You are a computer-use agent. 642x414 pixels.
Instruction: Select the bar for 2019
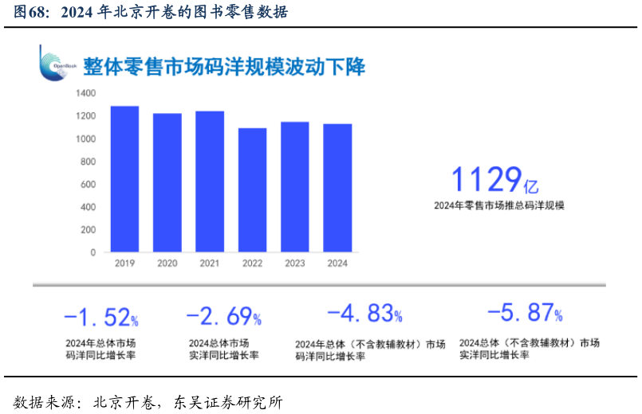pos(124,179)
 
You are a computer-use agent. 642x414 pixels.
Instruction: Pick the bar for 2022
pos(252,190)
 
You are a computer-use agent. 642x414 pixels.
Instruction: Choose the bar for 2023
pos(295,187)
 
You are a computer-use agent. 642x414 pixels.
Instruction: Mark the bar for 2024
pos(337,188)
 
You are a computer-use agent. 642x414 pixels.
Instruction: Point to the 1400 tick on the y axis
pos(85,94)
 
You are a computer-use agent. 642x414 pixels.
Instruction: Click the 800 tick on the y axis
pos(88,162)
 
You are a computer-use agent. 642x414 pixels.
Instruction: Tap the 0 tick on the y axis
pos(93,252)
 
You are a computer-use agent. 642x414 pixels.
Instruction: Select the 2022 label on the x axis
pos(252,264)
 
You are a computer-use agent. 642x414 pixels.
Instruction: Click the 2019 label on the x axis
pos(124,264)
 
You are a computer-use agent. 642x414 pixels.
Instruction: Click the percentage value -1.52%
pos(100,318)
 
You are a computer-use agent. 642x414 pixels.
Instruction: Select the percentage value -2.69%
pos(223,317)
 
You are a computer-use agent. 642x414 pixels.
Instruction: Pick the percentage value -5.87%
pos(524,313)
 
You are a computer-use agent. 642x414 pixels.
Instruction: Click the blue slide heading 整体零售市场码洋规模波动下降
pos(224,67)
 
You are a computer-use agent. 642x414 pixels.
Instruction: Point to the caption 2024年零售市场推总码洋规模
pos(498,205)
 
